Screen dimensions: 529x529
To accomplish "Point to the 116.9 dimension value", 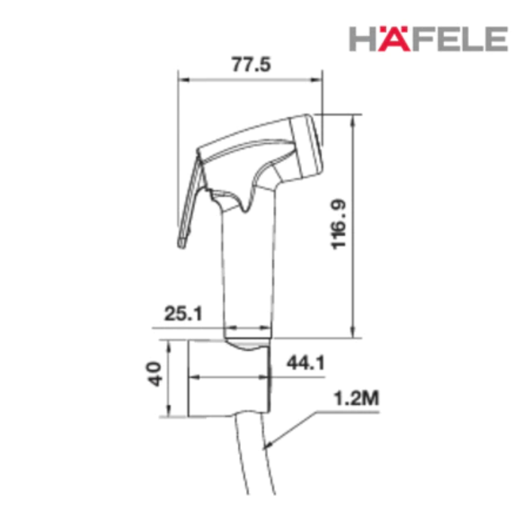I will coord(339,225).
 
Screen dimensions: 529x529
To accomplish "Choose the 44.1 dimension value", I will coord(305,364).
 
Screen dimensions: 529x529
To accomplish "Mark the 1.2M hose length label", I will coord(357,399).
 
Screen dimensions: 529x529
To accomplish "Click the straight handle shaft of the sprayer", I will coord(248,268).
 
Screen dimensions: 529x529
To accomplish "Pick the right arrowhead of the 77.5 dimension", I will coord(317,80).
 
